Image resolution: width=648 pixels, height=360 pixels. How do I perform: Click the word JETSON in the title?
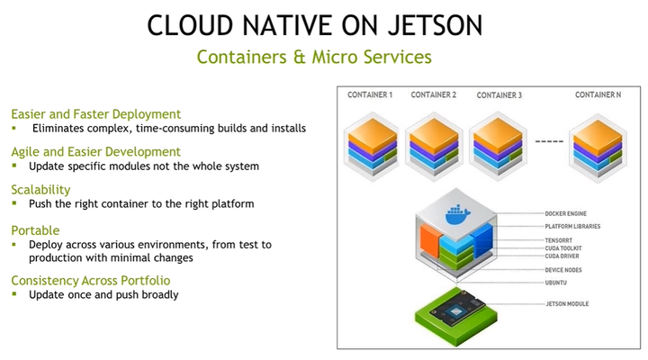436,25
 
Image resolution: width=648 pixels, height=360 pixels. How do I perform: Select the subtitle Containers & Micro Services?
314,57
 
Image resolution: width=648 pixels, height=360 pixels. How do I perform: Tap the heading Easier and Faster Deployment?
96,114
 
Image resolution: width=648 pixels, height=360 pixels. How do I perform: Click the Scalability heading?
40,190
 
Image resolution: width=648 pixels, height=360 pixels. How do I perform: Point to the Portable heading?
35,230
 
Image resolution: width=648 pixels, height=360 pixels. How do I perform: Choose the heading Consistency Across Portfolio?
91,281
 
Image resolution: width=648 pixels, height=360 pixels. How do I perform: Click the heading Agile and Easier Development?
96,152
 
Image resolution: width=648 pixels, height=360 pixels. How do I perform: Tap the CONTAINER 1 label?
370,94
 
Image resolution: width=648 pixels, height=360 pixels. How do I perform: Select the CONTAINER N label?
598,94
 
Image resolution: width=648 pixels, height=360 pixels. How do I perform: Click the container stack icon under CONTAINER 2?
434,147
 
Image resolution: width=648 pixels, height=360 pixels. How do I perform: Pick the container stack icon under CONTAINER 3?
498,147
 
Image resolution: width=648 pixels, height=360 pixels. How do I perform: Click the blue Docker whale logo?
457,214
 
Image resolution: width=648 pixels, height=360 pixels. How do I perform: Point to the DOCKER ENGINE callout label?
565,213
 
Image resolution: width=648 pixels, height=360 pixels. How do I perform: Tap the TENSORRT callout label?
558,240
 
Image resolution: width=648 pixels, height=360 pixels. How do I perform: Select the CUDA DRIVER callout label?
562,256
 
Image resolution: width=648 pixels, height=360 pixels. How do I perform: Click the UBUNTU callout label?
555,283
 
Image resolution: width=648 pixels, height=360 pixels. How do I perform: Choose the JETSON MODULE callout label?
567,304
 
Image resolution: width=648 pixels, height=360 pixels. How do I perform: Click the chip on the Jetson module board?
455,310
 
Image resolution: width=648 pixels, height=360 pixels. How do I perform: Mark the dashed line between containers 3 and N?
549,141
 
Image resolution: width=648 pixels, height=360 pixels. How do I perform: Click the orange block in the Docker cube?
430,241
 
